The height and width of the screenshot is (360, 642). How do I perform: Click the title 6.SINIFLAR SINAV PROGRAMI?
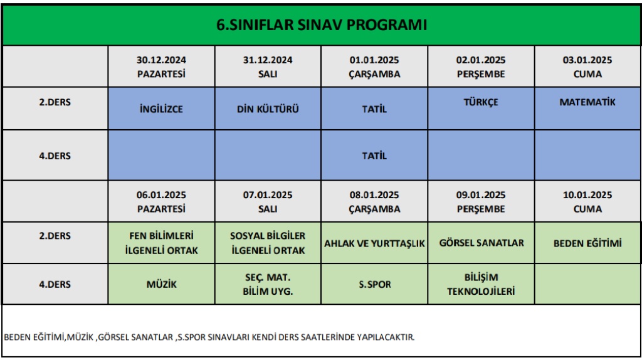pyautogui.click(x=322, y=25)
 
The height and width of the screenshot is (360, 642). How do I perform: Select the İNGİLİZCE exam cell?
pyautogui.click(x=161, y=109)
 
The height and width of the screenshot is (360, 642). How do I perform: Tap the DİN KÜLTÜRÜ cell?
pyautogui.click(x=268, y=109)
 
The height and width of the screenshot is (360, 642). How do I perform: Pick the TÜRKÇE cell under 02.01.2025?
pyautogui.click(x=481, y=109)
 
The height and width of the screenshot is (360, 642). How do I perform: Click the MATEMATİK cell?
pyautogui.click(x=587, y=109)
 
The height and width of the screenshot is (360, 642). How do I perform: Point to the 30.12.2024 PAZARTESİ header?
pyautogui.click(x=161, y=66)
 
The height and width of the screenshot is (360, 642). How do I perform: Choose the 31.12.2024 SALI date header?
pyautogui.click(x=268, y=66)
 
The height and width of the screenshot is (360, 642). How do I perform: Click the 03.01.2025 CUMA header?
pyautogui.click(x=587, y=66)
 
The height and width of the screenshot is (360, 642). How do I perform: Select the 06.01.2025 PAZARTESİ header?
pyautogui.click(x=161, y=201)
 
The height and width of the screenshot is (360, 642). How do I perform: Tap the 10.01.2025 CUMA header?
pyautogui.click(x=587, y=201)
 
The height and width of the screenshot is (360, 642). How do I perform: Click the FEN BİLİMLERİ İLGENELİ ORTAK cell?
pyautogui.click(x=161, y=243)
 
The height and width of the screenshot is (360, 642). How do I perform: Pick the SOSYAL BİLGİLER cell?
pyautogui.click(x=268, y=243)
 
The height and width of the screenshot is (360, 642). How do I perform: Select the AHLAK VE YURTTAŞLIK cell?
pyautogui.click(x=374, y=243)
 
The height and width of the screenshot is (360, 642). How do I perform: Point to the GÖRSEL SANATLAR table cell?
pyautogui.click(x=481, y=243)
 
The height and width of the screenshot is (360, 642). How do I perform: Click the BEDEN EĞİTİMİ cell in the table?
pyautogui.click(x=587, y=243)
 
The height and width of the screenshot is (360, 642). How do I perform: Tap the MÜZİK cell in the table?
pyautogui.click(x=161, y=284)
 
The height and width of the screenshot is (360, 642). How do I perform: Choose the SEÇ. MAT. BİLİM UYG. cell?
pyautogui.click(x=268, y=284)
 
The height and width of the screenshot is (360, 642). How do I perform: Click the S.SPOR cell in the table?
pyautogui.click(x=374, y=284)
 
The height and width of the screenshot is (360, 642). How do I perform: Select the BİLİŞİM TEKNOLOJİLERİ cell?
pyautogui.click(x=481, y=284)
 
